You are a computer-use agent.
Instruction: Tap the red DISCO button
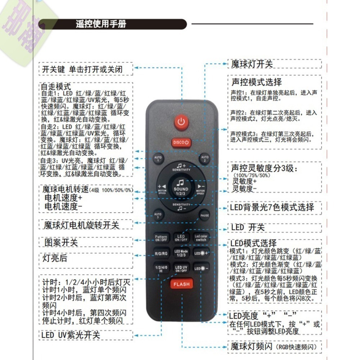pyautogui.click(x=181, y=143)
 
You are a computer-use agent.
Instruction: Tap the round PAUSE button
pyautogui.click(x=204, y=215)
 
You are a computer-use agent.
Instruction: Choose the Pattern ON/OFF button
pyautogui.click(x=161, y=238)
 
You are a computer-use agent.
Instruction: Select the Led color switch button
pyautogui.click(x=201, y=238)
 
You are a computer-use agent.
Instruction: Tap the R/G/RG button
pyautogui.click(x=161, y=253)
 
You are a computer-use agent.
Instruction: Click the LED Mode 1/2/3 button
pyautogui.click(x=181, y=253)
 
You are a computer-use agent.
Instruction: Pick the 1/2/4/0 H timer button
pyautogui.click(x=161, y=269)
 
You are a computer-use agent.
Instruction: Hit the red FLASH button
pyautogui.click(x=181, y=284)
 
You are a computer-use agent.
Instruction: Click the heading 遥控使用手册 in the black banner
pyautogui.click(x=101, y=24)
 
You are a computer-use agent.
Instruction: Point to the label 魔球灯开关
pyautogui.click(x=252, y=64)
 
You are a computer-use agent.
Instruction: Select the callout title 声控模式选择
pyautogui.click(x=256, y=82)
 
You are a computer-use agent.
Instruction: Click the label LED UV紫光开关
pyautogui.click(x=71, y=335)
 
